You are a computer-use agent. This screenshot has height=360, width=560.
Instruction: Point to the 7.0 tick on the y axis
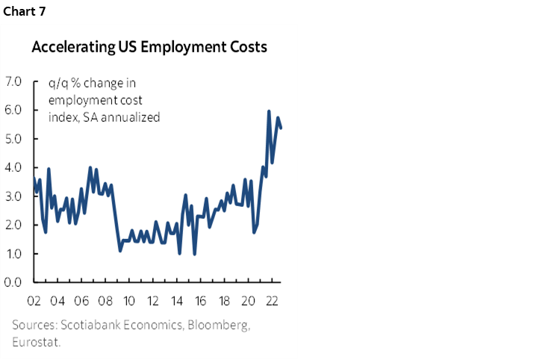coord(15,81)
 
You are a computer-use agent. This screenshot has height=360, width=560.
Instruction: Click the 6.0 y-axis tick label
coord(15,110)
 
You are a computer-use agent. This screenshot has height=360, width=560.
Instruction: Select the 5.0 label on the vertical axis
coord(15,139)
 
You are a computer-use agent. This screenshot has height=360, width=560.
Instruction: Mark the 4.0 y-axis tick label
coord(15,167)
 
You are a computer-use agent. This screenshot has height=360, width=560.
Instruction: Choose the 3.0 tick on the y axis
coord(15,196)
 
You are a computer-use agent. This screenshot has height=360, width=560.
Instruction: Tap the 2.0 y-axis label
coord(15,225)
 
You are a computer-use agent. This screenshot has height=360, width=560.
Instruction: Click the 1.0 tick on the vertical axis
coord(15,254)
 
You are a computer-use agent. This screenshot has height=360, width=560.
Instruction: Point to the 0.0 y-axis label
coord(15,282)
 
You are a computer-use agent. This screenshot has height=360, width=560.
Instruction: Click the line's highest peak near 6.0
coord(269,111)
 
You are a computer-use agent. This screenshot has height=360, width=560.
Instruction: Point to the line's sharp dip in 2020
coord(254,232)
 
